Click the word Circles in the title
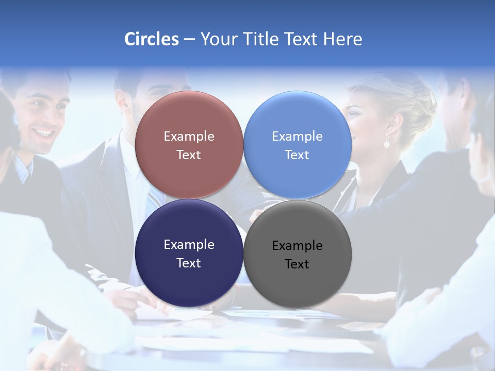(x=152, y=39)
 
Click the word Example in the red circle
(x=189, y=137)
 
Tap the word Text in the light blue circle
(x=297, y=155)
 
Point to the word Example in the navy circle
(x=189, y=245)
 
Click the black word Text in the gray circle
(x=297, y=264)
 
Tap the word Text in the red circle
(x=189, y=155)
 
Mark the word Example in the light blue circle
(x=297, y=137)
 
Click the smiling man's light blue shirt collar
(x=23, y=170)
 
